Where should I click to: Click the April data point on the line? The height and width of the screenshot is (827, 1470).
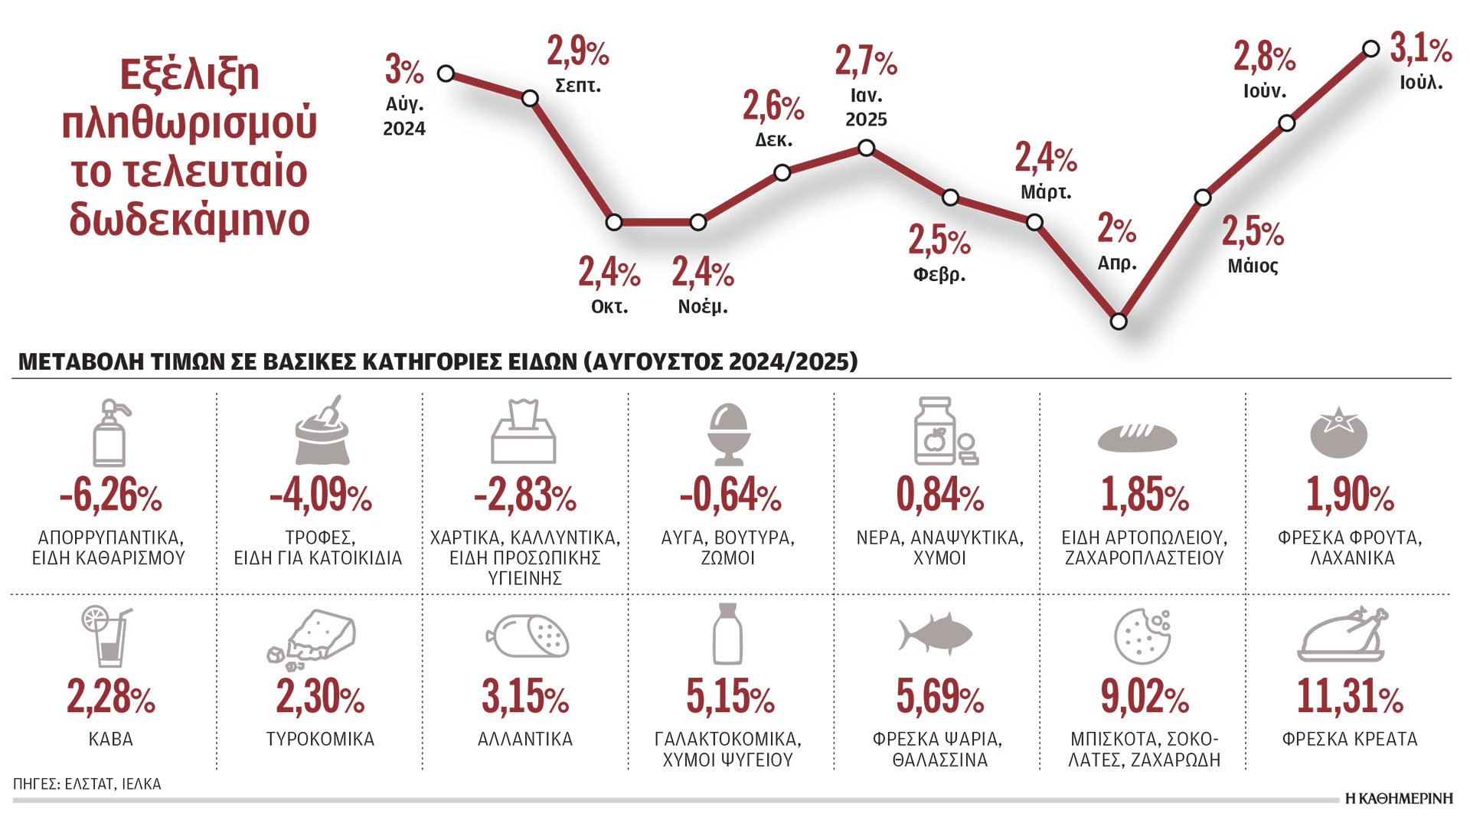pyautogui.click(x=1119, y=321)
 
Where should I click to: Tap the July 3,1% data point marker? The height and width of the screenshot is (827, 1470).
pyautogui.click(x=1370, y=49)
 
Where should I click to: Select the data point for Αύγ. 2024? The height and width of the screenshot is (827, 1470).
pyautogui.click(x=446, y=74)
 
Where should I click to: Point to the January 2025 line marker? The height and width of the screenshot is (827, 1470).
pyautogui.click(x=866, y=148)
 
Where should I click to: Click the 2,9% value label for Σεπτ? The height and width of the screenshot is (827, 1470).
pyautogui.click(x=577, y=52)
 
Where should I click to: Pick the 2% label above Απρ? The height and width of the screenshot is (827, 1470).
pyautogui.click(x=1116, y=228)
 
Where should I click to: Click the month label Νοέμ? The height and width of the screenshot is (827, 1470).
pyautogui.click(x=703, y=307)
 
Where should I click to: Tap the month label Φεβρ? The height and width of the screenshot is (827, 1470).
pyautogui.click(x=939, y=274)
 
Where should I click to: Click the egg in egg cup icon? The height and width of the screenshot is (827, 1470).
pyautogui.click(x=728, y=433)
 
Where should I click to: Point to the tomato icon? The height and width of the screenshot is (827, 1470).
pyautogui.click(x=1338, y=433)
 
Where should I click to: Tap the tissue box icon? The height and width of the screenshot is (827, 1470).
pyautogui.click(x=524, y=432)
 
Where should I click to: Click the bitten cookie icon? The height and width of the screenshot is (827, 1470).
pyautogui.click(x=1142, y=636)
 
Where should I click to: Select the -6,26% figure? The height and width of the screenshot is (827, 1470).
pyautogui.click(x=111, y=495)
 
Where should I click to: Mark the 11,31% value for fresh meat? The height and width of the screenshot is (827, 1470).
pyautogui.click(x=1349, y=697)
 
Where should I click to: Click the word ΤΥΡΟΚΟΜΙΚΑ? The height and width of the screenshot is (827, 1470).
pyautogui.click(x=320, y=740)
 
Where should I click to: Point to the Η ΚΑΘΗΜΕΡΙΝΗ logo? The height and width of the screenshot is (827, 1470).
pyautogui.click(x=1399, y=799)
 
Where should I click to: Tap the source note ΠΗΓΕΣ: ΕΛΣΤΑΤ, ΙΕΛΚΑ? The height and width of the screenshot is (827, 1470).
pyautogui.click(x=87, y=784)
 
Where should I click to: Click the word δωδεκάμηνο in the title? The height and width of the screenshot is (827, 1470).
pyautogui.click(x=189, y=219)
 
